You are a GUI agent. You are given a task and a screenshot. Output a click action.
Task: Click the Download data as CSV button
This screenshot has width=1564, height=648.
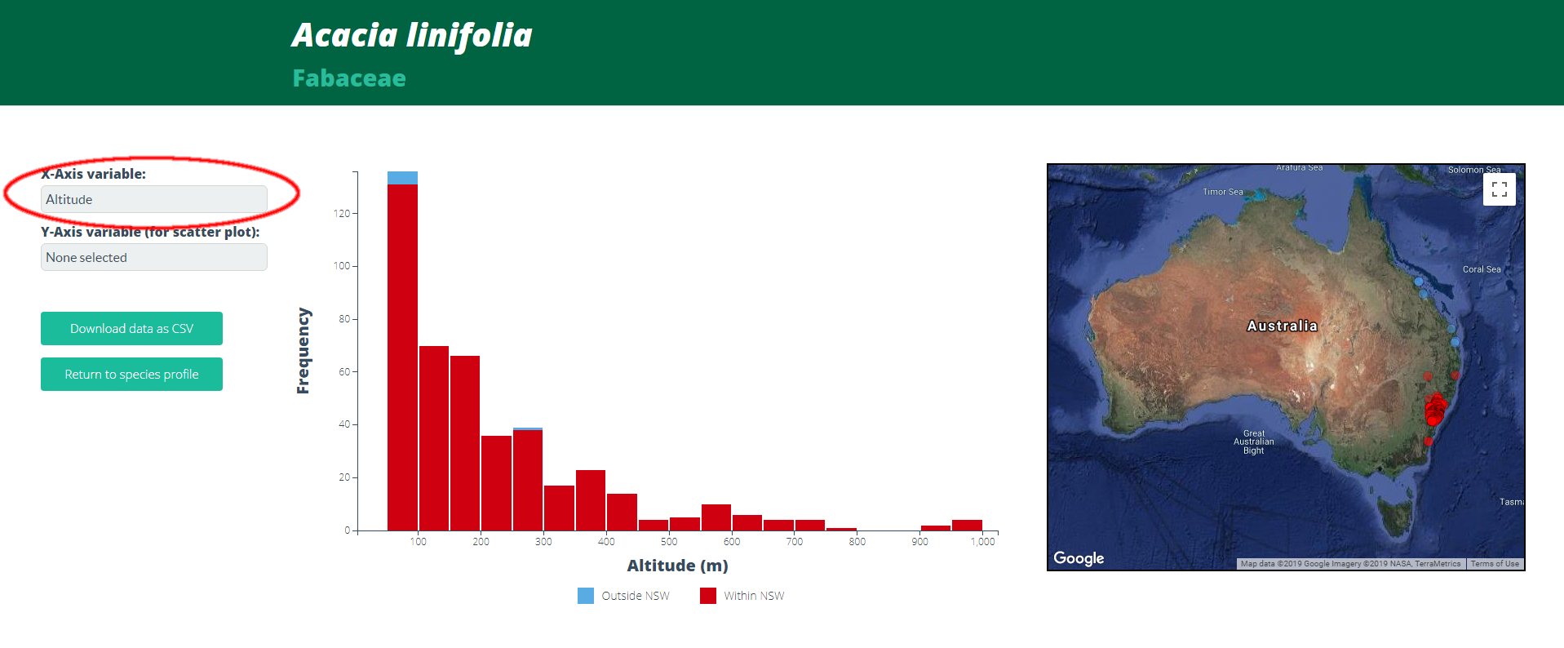click(x=131, y=328)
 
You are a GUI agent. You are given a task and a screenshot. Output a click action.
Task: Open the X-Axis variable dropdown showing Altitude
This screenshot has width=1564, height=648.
click(x=153, y=199)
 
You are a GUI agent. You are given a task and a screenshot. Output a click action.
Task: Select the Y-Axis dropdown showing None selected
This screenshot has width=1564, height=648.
click(x=153, y=257)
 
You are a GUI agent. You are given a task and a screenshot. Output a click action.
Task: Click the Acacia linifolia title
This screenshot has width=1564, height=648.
click(x=412, y=35)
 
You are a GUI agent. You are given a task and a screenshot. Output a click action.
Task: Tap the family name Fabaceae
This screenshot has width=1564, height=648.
click(x=349, y=78)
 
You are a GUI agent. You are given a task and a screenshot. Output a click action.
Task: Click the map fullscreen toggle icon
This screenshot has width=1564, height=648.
click(x=1499, y=189)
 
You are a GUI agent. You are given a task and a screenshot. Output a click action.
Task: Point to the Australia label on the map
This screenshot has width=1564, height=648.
click(x=1282, y=326)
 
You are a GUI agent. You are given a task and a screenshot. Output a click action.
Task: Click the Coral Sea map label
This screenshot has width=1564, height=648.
click(x=1482, y=269)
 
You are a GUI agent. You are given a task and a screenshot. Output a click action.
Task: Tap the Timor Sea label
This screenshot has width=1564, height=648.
click(x=1223, y=192)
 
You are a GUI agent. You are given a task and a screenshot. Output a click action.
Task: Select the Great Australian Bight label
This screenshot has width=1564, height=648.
click(x=1254, y=442)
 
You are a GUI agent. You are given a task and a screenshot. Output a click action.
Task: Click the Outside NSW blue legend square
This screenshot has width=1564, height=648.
click(x=586, y=596)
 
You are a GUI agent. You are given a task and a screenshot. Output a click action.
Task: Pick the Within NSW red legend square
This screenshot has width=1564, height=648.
click(x=708, y=596)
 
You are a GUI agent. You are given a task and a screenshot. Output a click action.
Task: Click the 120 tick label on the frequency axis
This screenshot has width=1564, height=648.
click(x=341, y=214)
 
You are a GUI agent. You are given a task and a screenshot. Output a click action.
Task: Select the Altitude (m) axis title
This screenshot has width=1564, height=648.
click(x=677, y=566)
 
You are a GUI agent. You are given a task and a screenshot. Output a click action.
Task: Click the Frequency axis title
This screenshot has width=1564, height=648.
click(x=303, y=351)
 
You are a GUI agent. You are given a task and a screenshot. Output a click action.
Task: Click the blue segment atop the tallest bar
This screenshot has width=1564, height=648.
click(x=402, y=178)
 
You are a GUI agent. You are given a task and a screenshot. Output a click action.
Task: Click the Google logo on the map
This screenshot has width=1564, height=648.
click(x=1079, y=558)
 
